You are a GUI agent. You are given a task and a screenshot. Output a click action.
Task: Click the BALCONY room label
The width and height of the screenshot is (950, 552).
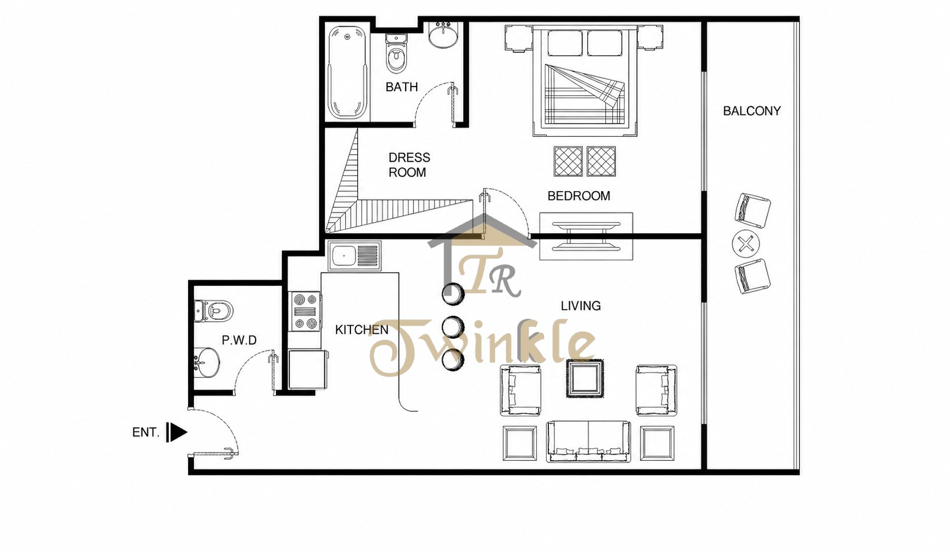751,111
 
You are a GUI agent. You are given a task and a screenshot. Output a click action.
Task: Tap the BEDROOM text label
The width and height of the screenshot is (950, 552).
578,196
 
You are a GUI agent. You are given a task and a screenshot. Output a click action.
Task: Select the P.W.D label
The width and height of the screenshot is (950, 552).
239,340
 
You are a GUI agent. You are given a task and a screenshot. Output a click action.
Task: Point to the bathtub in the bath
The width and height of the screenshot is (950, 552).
347,73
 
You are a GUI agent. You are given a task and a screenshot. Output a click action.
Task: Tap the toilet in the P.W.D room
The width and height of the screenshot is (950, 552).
214,311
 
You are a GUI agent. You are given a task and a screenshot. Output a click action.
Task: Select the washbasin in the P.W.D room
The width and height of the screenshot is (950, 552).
207,363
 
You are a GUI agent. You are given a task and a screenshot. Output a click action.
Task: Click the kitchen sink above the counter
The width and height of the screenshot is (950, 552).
354,255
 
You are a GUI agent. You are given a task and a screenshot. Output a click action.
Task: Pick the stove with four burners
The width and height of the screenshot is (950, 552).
305,311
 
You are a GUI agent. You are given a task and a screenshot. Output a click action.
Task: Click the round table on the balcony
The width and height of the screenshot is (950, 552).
746,244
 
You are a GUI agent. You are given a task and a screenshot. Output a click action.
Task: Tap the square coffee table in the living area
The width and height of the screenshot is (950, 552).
585,378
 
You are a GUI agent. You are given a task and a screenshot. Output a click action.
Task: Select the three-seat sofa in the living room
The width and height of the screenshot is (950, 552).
588,441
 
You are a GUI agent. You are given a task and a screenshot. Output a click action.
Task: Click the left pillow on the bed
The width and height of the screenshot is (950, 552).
564,43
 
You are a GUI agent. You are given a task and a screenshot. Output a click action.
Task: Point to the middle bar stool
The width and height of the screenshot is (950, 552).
453,327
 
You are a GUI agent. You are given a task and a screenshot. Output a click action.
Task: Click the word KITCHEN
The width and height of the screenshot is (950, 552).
361,330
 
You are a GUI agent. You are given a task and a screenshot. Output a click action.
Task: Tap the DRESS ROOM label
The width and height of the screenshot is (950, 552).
409,165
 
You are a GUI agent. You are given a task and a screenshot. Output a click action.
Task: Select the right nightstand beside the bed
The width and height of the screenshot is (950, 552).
650,38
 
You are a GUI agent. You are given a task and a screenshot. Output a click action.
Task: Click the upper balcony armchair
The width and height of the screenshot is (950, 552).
753,211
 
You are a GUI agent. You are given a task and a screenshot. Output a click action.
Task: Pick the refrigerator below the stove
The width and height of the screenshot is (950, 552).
308,369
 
